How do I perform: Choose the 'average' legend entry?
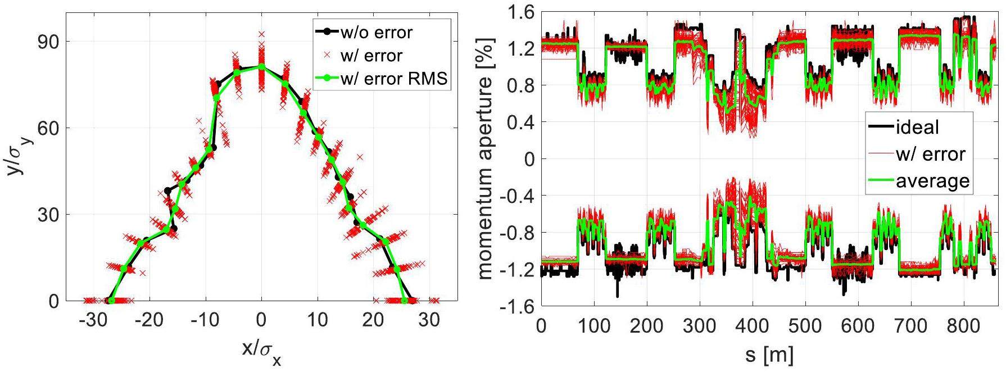tap(933, 181)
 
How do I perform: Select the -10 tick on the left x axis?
tap(203, 321)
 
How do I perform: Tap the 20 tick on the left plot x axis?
tap(374, 321)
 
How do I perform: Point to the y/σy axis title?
tap(17, 151)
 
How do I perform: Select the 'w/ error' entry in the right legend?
tap(930, 154)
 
